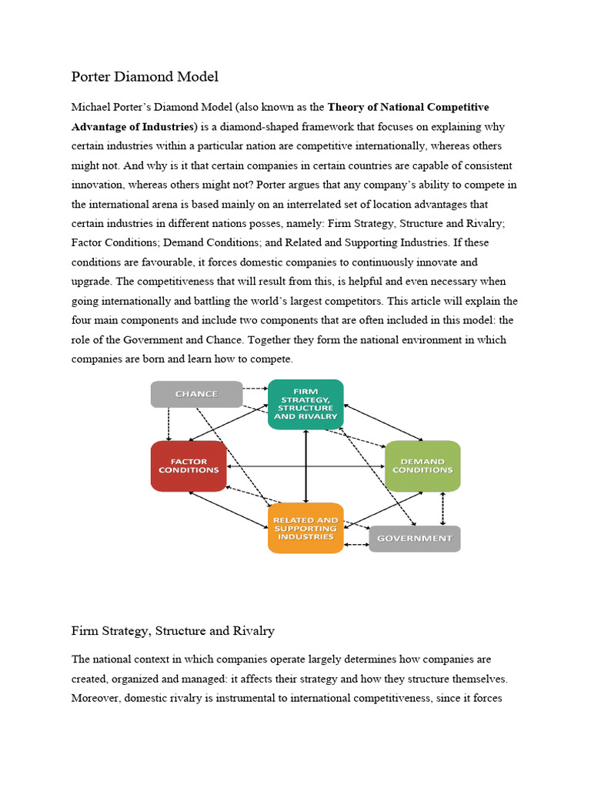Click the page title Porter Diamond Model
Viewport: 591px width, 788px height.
pos(145,76)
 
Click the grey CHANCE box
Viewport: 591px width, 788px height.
pos(196,394)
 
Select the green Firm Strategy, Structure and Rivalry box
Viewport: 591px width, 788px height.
pos(306,404)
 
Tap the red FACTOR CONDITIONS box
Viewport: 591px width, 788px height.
pos(189,466)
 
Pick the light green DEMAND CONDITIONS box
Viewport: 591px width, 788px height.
pos(422,466)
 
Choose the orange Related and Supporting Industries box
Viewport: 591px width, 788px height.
pos(306,529)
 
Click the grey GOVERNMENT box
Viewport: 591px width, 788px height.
pos(415,539)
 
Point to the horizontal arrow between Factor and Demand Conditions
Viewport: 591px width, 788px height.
pos(306,466)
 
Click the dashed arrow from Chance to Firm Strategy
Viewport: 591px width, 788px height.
pos(255,388)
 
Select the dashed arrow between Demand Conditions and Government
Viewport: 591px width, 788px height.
pos(442,509)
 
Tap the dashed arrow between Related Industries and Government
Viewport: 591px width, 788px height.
pos(356,545)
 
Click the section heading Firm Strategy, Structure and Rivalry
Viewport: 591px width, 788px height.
pos(173,631)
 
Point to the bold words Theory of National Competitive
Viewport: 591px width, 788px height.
pos(408,107)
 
